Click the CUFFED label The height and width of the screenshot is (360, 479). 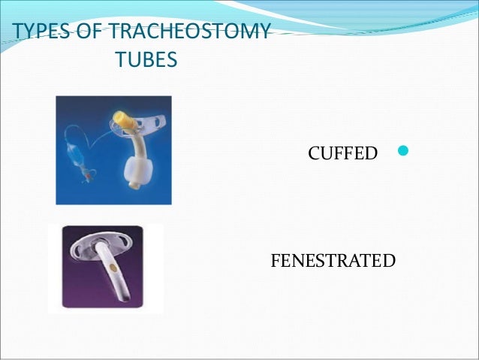pos(343,154)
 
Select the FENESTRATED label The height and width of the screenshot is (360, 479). pos(333,262)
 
